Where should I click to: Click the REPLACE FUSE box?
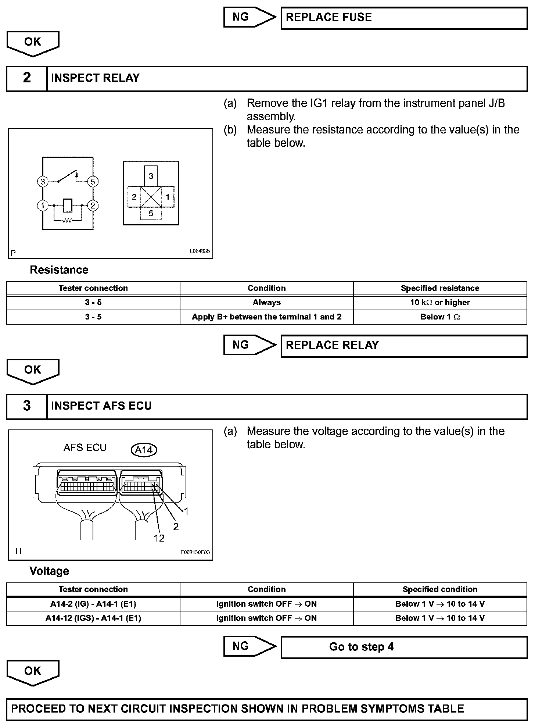tap(404, 18)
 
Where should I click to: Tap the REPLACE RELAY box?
tap(404, 346)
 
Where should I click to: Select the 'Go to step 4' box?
tap(404, 647)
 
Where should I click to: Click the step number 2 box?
tap(27, 78)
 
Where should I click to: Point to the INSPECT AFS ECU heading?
tap(101, 406)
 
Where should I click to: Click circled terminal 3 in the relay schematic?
tap(43, 182)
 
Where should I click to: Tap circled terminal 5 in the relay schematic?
tap(93, 182)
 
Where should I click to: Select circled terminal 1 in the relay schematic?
tap(43, 206)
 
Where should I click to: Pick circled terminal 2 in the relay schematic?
tap(93, 206)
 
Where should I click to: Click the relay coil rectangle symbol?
tap(68, 205)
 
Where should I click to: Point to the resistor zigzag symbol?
tap(68, 221)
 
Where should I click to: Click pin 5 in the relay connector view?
tap(151, 214)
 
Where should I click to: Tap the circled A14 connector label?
tap(144, 450)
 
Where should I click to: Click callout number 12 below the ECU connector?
tap(159, 538)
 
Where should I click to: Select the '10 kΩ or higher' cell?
tap(440, 303)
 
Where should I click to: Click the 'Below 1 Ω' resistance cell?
tap(440, 317)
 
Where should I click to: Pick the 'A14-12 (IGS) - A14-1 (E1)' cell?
tap(93, 618)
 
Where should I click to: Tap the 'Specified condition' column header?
tap(440, 589)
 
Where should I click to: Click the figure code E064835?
tap(200, 251)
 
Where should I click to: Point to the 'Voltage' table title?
tap(49, 571)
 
